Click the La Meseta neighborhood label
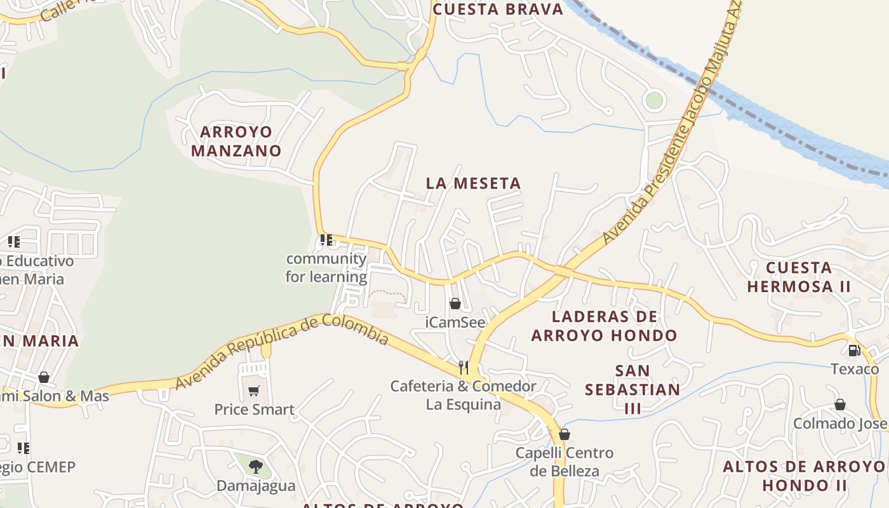click(x=473, y=184)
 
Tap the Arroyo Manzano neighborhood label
click(x=236, y=142)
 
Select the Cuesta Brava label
click(x=498, y=10)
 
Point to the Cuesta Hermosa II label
click(x=798, y=277)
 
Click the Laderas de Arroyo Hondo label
click(x=604, y=326)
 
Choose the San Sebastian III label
click(x=632, y=389)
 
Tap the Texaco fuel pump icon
click(x=854, y=350)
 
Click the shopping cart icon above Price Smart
click(x=254, y=391)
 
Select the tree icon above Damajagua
click(x=255, y=467)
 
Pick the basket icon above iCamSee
click(x=455, y=304)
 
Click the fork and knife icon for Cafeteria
click(x=464, y=367)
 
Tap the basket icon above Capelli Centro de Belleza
click(x=564, y=434)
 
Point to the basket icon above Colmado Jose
click(x=839, y=404)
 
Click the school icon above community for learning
click(x=326, y=240)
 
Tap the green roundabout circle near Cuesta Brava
click(x=653, y=100)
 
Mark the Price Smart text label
click(x=254, y=410)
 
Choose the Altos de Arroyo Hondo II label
click(x=804, y=476)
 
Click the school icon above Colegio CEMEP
click(x=23, y=448)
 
